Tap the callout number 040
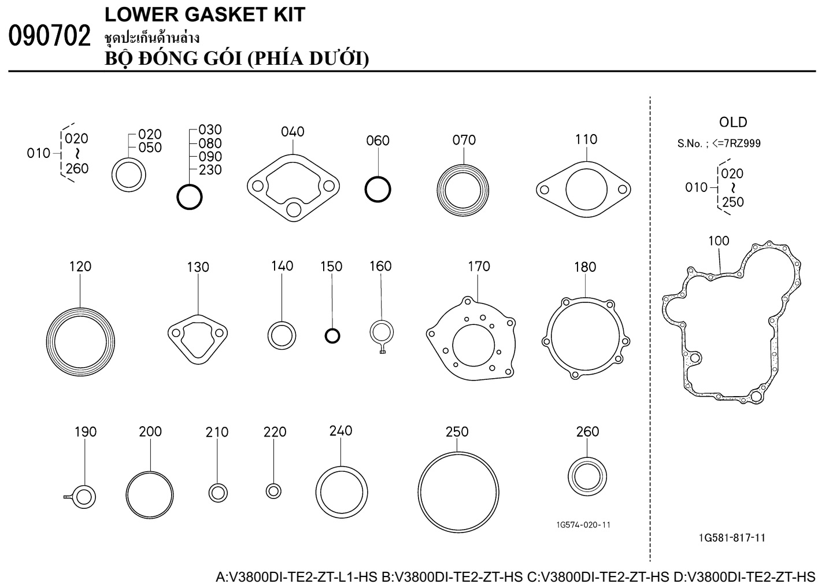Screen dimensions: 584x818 click(293, 132)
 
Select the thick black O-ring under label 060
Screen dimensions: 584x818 click(377, 188)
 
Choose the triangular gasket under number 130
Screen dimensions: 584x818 click(197, 339)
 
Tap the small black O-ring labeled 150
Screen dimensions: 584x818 click(332, 335)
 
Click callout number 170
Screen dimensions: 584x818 click(479, 266)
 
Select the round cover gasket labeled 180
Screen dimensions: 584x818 click(585, 338)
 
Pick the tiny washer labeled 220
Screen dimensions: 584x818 click(273, 491)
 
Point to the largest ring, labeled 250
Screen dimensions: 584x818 click(458, 491)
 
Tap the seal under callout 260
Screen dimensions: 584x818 click(587, 476)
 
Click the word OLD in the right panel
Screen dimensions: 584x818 click(733, 123)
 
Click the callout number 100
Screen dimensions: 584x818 click(719, 241)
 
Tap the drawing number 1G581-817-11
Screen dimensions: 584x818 click(732, 538)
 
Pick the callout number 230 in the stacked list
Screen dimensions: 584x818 click(210, 170)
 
